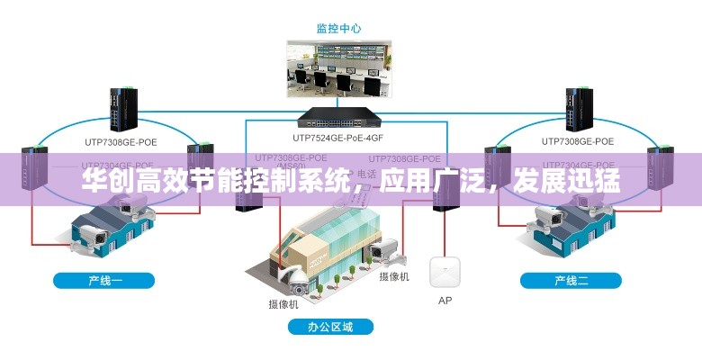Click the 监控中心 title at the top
pos(338,28)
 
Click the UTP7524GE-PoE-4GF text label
pos(338,139)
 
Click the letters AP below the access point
pos(445,301)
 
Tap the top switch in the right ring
pos(576,109)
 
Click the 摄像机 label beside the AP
pos(394,276)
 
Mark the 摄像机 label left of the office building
pos(284,303)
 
